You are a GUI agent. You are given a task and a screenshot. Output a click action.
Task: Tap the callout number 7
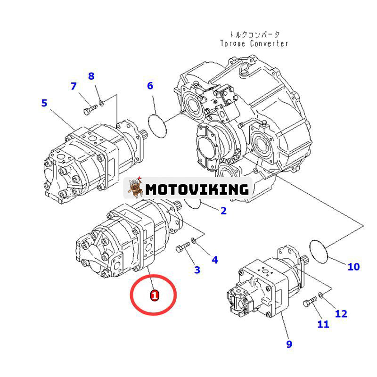(74, 86)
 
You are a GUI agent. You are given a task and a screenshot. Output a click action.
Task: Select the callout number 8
(91, 76)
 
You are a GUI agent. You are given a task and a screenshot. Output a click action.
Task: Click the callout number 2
(223, 211)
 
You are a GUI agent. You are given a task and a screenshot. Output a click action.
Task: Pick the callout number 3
(197, 270)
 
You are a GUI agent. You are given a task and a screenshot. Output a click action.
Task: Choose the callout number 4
(214, 259)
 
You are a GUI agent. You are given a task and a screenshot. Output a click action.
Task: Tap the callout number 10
(353, 267)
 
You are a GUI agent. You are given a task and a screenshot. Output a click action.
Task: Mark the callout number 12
(341, 313)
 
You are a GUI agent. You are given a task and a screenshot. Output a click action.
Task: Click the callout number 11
(323, 324)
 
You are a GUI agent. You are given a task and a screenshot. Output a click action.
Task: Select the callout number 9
(289, 344)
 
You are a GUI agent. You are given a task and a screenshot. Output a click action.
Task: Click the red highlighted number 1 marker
(154, 295)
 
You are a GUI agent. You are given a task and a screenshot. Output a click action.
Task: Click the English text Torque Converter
(254, 43)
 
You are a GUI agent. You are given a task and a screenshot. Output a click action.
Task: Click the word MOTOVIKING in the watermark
(197, 189)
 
